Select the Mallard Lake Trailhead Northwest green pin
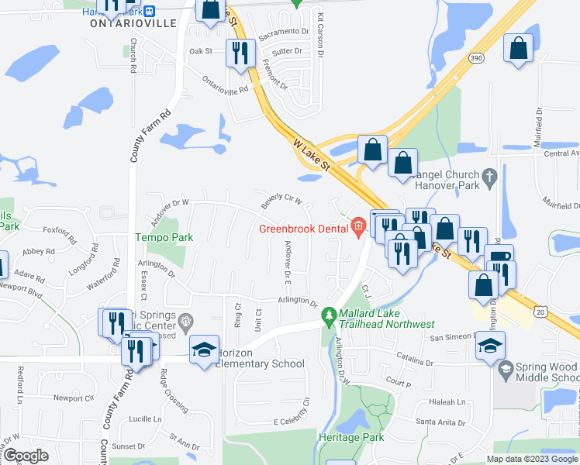[x=329, y=317]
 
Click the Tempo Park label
[x=164, y=237]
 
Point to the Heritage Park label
[x=351, y=438]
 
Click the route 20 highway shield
[x=541, y=311]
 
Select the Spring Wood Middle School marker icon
[x=506, y=367]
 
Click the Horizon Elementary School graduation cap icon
[x=204, y=350]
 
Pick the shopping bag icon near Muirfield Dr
[x=518, y=48]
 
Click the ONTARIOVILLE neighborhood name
[x=133, y=23]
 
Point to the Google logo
[x=26, y=456]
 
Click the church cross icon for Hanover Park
[x=489, y=177]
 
